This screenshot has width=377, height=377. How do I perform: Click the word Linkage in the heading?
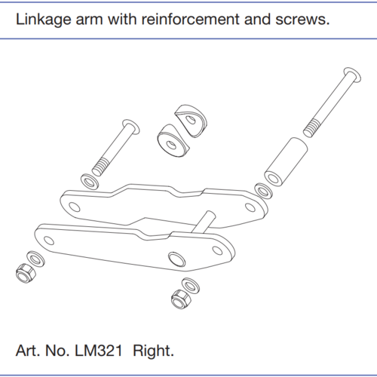pyautogui.click(x=44, y=20)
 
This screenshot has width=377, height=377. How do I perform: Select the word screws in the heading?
pyautogui.click(x=302, y=20)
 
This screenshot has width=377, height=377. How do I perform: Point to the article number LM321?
pyautogui.click(x=99, y=351)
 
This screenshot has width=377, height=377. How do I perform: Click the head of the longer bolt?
pyautogui.click(x=352, y=75)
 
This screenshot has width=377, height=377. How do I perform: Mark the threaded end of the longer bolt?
pyautogui.click(x=311, y=128)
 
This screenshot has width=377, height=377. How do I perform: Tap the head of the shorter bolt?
pyautogui.click(x=131, y=127)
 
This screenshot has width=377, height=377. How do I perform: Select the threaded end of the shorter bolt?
pyautogui.click(x=100, y=167)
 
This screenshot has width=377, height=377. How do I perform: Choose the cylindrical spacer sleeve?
pyautogui.click(x=286, y=162)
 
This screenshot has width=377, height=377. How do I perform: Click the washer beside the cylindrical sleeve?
pyautogui.click(x=264, y=192)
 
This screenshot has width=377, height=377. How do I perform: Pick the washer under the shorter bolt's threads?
pyautogui.click(x=90, y=181)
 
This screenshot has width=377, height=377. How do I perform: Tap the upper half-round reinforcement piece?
pyautogui.click(x=192, y=121)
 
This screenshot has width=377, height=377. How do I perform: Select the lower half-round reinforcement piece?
pyautogui.click(x=173, y=141)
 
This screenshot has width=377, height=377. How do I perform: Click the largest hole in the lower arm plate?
pyautogui.click(x=177, y=259)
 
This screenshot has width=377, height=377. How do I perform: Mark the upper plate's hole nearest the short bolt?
pyautogui.click(x=75, y=207)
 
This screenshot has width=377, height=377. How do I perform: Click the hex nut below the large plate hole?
pyautogui.click(x=181, y=299)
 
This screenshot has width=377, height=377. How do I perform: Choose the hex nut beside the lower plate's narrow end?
pyautogui.click(x=26, y=273)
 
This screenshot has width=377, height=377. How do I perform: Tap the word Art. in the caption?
pyautogui.click(x=28, y=351)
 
